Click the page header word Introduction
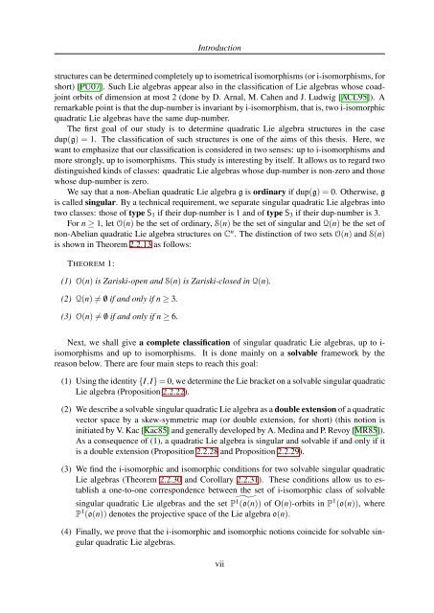click(x=217, y=15)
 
